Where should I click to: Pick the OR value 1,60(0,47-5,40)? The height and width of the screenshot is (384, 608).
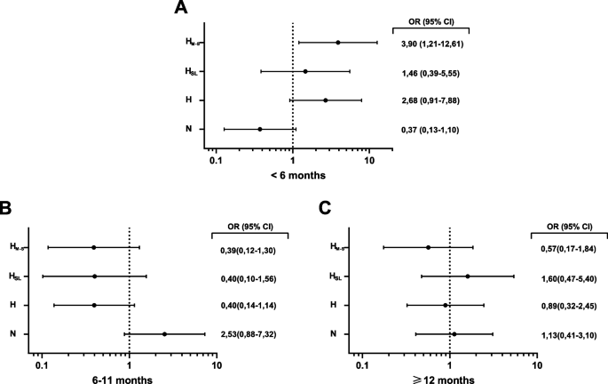coord(566,276)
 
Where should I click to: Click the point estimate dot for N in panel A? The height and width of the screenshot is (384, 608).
coord(260,129)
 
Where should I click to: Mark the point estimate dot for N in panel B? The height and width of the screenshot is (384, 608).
coord(165,334)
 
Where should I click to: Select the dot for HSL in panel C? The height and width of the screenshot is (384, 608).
coord(468,276)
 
